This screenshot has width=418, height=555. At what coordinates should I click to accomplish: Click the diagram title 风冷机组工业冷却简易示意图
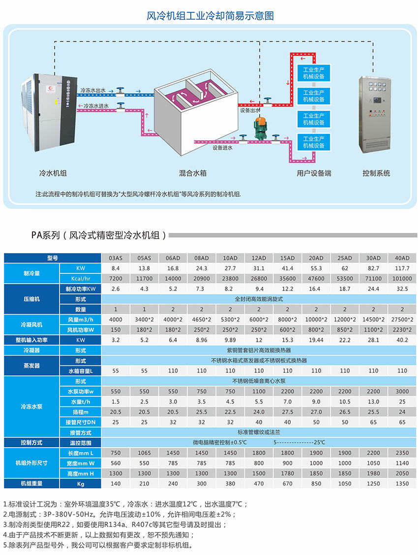[x=210, y=16]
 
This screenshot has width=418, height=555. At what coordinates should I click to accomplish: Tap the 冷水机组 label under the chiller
[x=53, y=173]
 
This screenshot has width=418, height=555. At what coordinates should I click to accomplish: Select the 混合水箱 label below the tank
[x=192, y=173]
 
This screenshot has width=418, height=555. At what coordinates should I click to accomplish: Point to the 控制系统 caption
[x=376, y=173]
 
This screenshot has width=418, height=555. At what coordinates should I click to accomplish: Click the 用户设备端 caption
[x=314, y=173]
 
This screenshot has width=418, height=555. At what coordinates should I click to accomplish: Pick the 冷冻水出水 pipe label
[x=93, y=91]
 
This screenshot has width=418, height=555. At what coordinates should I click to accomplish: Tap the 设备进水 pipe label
[x=222, y=147]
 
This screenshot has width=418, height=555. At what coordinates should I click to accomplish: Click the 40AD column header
[x=402, y=258]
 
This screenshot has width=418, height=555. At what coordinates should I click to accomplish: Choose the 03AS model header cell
[x=116, y=258]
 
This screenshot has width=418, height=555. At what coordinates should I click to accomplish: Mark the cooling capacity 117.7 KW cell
[x=402, y=268]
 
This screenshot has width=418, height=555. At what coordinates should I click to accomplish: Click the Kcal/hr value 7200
[x=116, y=278]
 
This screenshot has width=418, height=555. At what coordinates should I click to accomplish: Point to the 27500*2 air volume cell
[x=402, y=320]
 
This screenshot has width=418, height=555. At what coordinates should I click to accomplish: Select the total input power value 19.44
[x=316, y=340]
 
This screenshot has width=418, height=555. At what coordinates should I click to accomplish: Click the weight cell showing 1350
[x=402, y=484]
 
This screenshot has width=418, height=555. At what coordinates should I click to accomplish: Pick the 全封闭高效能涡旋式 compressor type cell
[x=259, y=299]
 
